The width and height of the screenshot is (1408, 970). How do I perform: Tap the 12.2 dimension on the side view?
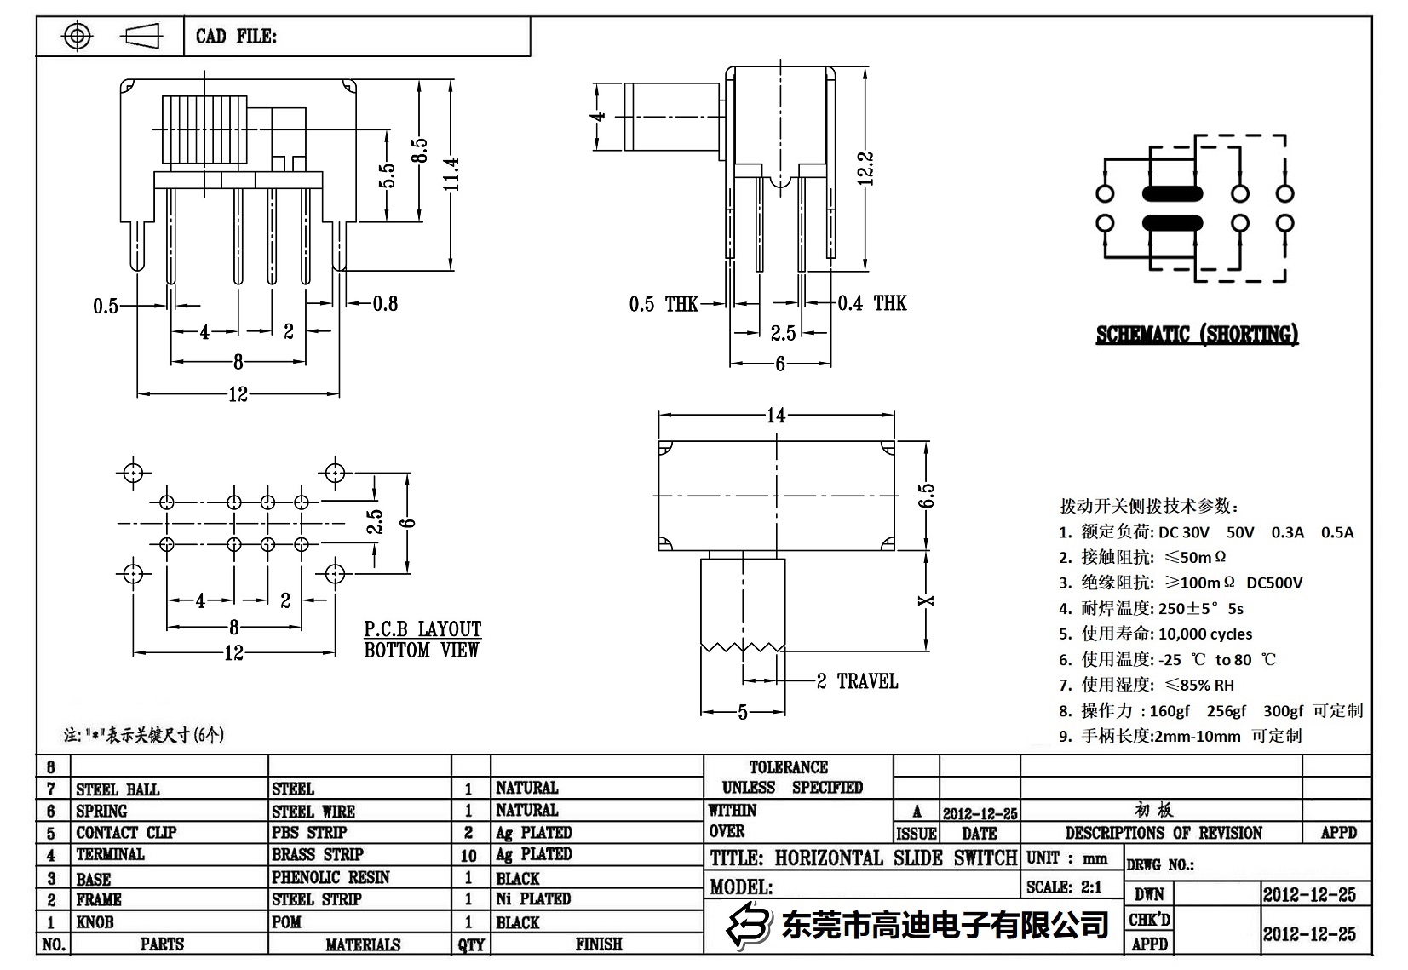(x=865, y=169)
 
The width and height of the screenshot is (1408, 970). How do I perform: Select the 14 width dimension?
(x=775, y=416)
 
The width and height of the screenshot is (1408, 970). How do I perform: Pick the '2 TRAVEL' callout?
(x=857, y=681)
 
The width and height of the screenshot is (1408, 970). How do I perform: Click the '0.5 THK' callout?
(x=663, y=304)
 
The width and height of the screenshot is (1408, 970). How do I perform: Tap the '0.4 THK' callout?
(x=872, y=303)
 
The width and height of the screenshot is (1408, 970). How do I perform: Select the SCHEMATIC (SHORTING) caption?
(x=1197, y=335)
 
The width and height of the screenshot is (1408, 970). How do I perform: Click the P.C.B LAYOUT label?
(x=422, y=629)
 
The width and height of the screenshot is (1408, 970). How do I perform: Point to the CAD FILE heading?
(x=236, y=36)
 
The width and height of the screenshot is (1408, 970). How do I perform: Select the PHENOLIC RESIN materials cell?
(x=330, y=877)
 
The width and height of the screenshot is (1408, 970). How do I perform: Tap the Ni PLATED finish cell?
(x=533, y=898)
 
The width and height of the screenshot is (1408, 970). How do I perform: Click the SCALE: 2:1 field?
(x=1064, y=887)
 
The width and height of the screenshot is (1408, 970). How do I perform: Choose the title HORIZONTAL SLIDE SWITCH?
(x=863, y=858)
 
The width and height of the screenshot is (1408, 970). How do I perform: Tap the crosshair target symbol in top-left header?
(x=78, y=37)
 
